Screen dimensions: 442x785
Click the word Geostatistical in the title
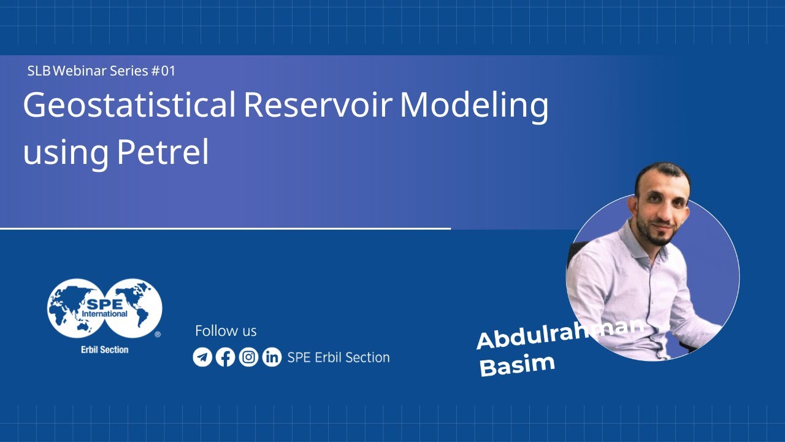129,106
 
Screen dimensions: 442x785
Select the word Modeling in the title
474,106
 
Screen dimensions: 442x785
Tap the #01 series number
163,71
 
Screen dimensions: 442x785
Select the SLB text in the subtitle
39,71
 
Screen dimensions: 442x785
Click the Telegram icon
202,357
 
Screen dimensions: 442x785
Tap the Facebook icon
226,357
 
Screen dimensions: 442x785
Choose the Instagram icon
248,357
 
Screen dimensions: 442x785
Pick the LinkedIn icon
272,357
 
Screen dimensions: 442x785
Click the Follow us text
226,331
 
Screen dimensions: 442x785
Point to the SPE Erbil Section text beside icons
338,357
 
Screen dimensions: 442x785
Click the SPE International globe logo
105,308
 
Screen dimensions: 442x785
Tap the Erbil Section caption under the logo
105,349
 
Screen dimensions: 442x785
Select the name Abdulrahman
559,332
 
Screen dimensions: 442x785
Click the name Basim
517,365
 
